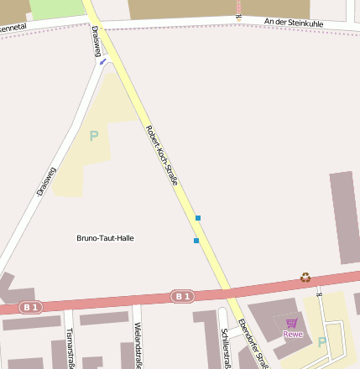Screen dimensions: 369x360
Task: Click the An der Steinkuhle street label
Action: coord(294,22)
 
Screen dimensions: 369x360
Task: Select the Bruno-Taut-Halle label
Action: coord(105,238)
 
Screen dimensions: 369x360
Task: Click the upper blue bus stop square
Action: coord(198,218)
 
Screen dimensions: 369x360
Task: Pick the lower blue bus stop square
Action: coord(196,241)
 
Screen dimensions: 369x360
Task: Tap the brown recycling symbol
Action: coord(305,277)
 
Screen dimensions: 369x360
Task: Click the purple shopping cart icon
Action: coord(291,323)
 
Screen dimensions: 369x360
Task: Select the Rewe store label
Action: coord(292,335)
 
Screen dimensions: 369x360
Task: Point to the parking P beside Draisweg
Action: coord(94,135)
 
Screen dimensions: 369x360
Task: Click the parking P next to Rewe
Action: coord(322,341)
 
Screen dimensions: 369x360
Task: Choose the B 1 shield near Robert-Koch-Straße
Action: coord(182,296)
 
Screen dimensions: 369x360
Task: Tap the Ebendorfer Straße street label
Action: coord(253,344)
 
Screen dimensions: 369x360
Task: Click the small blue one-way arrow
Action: coord(102,60)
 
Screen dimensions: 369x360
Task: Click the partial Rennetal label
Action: coord(13,28)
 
